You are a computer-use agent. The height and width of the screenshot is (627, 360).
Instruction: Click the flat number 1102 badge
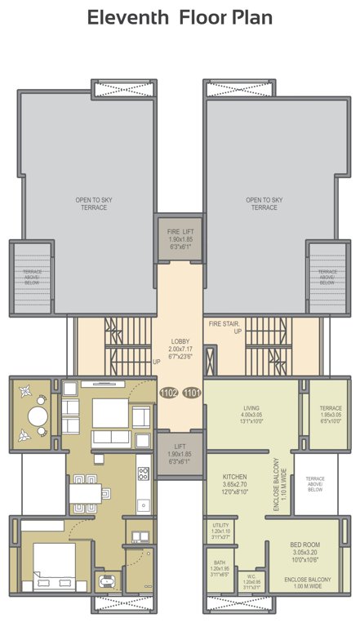(x=169, y=393)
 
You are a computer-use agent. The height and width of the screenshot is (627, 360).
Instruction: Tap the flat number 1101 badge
(x=191, y=393)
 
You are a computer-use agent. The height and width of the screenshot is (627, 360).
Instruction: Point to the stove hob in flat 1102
(x=144, y=473)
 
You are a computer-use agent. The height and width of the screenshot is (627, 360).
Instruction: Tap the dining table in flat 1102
(x=90, y=493)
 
